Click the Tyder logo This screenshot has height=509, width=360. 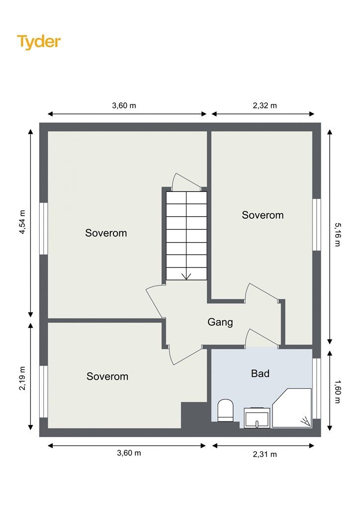(39, 42)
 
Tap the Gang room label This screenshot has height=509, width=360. (220, 322)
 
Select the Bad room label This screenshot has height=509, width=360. (260, 374)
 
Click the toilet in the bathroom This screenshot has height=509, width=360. (225, 410)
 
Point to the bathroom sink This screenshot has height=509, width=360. (257, 418)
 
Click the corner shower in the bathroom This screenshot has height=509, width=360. (292, 408)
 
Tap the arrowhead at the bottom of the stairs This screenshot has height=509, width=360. (186, 276)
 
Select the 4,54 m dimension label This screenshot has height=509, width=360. (22, 222)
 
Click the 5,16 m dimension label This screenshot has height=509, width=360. (338, 235)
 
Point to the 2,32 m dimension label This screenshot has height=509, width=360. (265, 105)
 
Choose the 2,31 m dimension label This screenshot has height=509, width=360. (265, 454)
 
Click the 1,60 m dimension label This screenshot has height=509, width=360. (338, 392)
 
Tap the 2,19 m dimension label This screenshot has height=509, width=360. (22, 378)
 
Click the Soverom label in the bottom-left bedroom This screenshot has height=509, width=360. (107, 377)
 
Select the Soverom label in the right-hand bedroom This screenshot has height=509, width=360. (263, 215)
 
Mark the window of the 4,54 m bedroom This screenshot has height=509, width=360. (43, 229)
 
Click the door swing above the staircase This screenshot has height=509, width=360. (186, 181)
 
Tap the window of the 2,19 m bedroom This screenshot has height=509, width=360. (43, 392)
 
